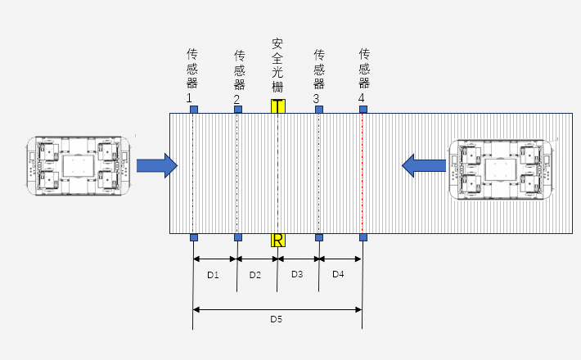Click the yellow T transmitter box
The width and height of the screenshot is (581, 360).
click(x=278, y=106)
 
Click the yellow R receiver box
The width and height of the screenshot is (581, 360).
click(x=278, y=240)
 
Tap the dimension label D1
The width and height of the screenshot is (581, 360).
click(x=213, y=275)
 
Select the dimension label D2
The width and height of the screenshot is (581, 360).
click(x=255, y=275)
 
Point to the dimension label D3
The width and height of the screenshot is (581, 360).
click(x=297, y=275)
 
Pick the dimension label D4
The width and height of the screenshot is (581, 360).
click(x=338, y=275)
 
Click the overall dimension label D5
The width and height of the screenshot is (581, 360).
click(x=277, y=318)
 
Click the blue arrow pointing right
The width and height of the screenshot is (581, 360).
click(x=156, y=165)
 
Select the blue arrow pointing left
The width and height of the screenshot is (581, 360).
click(x=423, y=165)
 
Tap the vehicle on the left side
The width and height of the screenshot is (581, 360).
click(x=79, y=166)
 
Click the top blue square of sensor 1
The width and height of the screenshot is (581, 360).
click(x=191, y=109)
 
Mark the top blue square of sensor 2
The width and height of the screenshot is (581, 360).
click(x=237, y=109)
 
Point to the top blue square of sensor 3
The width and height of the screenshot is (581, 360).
click(x=319, y=109)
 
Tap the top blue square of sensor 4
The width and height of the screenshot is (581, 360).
click(x=363, y=109)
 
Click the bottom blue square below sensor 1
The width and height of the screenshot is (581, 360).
click(x=193, y=238)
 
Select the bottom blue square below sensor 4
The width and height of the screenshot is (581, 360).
click(x=363, y=238)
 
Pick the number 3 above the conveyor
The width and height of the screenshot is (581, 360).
click(x=317, y=98)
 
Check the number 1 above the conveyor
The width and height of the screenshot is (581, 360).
click(x=191, y=98)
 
